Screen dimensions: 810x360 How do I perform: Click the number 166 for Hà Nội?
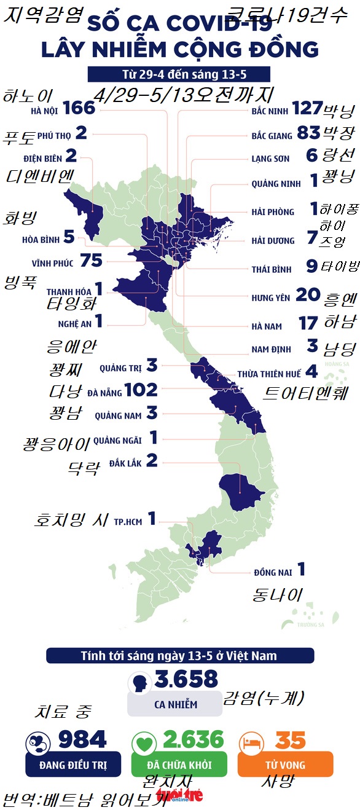[x=79, y=108]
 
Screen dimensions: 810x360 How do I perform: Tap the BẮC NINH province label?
[x=270, y=112]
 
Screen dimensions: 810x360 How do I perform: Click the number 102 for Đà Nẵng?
[x=141, y=390]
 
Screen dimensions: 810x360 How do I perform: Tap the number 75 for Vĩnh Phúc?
[x=90, y=261]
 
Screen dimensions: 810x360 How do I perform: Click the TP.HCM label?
[x=128, y=522]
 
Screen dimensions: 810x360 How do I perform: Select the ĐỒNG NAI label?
[x=273, y=572]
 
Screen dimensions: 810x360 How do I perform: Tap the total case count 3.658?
[x=186, y=678]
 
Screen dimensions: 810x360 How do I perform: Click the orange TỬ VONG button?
[x=285, y=765]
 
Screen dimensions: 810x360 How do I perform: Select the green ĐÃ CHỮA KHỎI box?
[x=179, y=765]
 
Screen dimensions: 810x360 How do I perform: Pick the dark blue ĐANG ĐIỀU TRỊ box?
[x=73, y=765]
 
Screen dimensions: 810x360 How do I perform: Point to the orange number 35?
[x=291, y=740]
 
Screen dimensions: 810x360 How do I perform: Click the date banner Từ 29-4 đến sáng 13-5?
[x=179, y=74]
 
